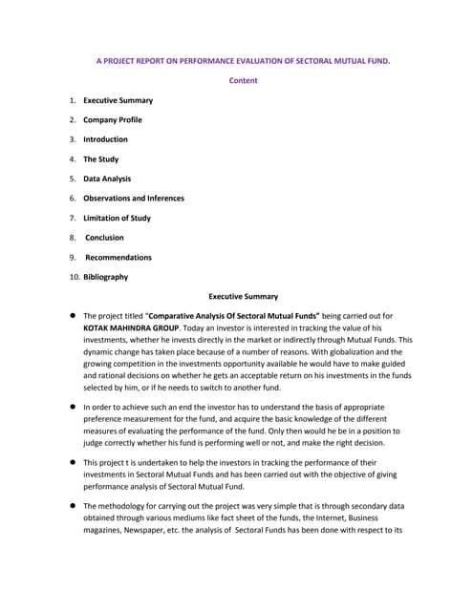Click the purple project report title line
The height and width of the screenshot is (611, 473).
point(243,60)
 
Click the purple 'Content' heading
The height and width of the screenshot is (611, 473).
point(243,80)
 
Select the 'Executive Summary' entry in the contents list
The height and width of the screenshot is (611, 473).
point(118,100)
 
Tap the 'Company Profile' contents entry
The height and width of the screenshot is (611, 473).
point(113,120)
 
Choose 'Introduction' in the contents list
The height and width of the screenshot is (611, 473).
point(105,139)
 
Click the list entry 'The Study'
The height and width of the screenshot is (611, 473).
point(100,159)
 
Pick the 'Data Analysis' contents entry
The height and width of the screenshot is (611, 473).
point(107,179)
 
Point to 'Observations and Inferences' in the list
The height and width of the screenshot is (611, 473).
point(134,199)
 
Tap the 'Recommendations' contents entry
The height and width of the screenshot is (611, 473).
point(118,257)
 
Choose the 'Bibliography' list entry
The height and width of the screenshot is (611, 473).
point(105,277)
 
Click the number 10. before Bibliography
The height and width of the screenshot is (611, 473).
point(74,277)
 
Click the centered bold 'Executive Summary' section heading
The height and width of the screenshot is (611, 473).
point(243,297)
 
